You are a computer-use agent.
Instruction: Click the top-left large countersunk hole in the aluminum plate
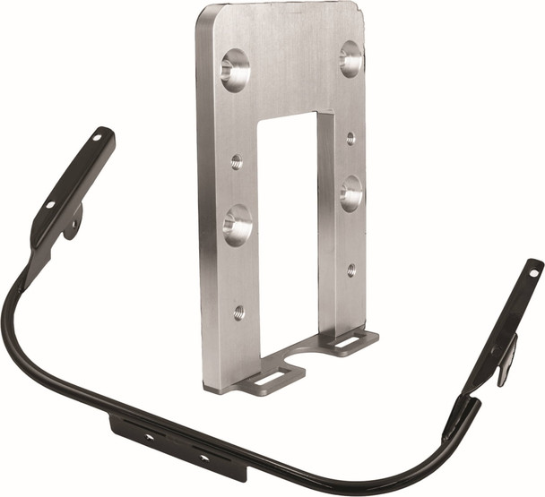(235, 70)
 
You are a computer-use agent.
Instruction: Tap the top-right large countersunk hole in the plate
(351, 58)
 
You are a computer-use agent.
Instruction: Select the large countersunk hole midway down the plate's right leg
(351, 193)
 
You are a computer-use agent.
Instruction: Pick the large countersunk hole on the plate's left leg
(238, 225)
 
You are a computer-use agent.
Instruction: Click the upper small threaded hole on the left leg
(237, 162)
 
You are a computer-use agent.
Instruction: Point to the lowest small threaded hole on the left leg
(238, 313)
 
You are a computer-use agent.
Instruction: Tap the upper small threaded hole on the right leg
(350, 138)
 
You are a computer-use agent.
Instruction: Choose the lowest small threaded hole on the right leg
(350, 269)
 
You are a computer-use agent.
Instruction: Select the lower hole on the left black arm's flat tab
(50, 204)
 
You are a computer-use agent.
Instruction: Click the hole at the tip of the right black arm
(533, 270)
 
